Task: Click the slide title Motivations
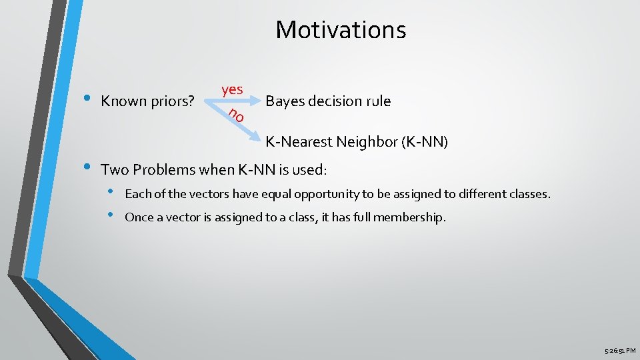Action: click(341, 30)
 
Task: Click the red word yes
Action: click(232, 89)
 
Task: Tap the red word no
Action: click(236, 115)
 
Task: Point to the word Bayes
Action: click(283, 101)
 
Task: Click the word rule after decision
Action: click(377, 101)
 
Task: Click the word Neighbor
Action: click(363, 141)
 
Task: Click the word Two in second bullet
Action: click(113, 169)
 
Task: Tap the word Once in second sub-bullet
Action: click(139, 217)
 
